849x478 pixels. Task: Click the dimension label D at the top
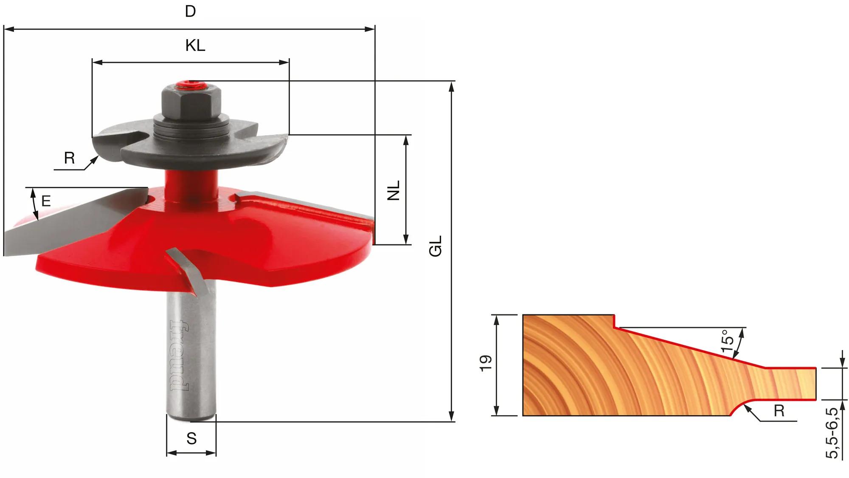tap(190, 11)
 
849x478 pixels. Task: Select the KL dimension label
tap(195, 45)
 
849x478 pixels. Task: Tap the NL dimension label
tap(394, 190)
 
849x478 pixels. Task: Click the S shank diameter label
tap(191, 438)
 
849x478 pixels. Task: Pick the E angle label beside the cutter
tap(46, 201)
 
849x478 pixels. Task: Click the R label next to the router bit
tap(69, 158)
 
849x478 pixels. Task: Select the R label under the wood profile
tap(779, 411)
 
